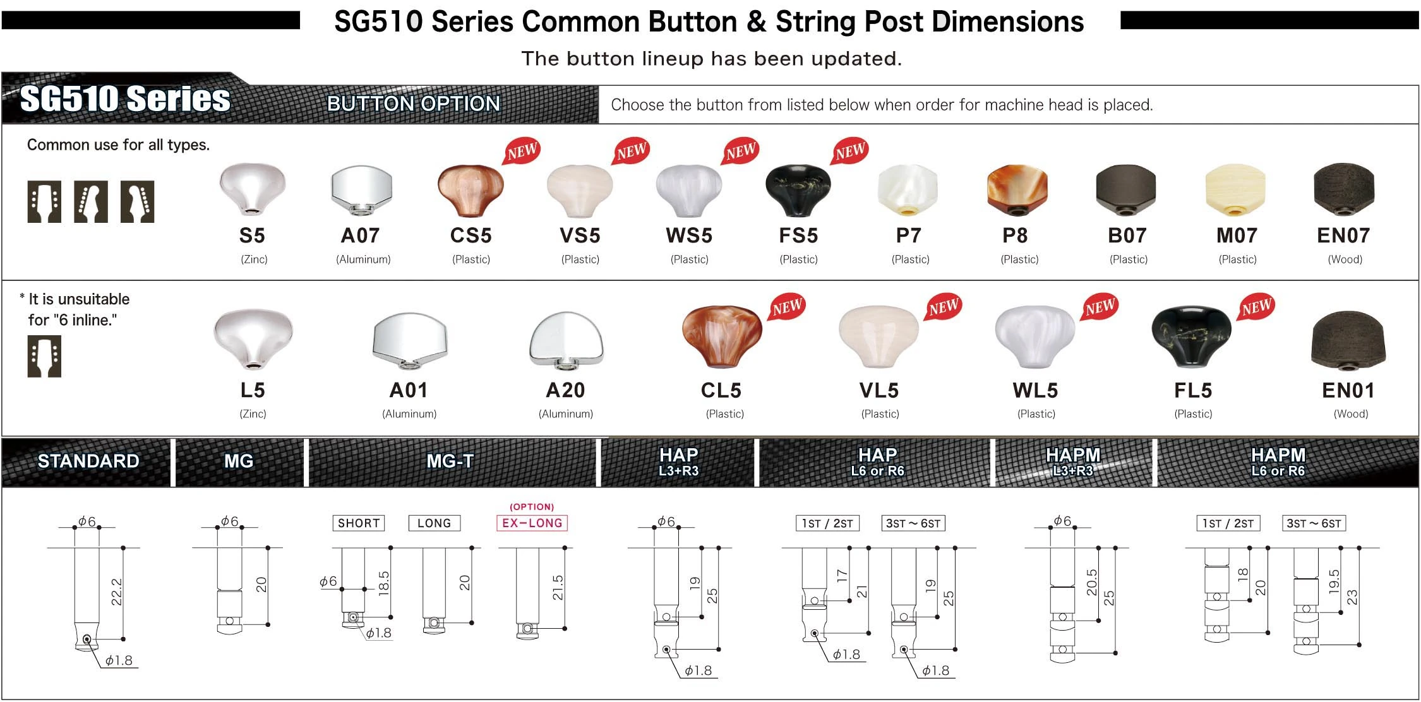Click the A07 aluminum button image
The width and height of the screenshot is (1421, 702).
[361, 190]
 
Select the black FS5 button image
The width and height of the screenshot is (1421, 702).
[798, 190]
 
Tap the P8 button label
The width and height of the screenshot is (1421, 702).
[1015, 235]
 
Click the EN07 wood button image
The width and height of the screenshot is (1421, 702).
[1343, 190]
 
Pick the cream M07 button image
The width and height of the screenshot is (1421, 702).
[1235, 190]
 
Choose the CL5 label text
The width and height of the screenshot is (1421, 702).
[721, 391]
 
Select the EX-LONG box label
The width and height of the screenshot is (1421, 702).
[532, 523]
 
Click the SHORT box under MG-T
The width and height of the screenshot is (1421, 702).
[359, 523]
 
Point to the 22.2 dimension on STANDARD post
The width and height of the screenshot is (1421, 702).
[116, 592]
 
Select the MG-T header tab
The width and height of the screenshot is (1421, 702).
[450, 461]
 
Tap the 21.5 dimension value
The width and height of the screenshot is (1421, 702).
[557, 587]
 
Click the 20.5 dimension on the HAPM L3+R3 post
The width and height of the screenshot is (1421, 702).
[1092, 582]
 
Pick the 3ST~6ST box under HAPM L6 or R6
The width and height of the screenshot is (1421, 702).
[1314, 523]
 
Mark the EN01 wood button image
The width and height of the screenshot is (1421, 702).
[1348, 342]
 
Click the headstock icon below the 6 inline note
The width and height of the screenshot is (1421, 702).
[44, 357]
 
